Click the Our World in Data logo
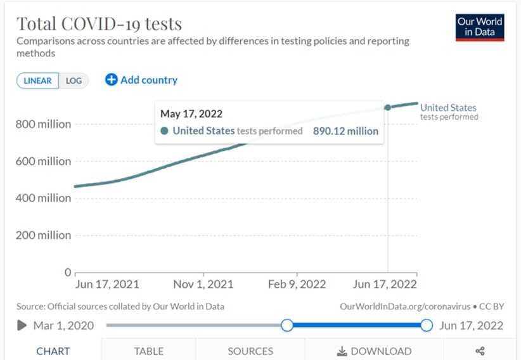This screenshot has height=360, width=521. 480,27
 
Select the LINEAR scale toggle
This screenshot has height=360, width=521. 37,81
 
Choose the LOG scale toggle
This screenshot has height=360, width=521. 74,81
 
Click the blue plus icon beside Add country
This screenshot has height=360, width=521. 112,80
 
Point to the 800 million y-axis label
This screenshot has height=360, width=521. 43,124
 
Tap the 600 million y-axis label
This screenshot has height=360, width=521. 43,161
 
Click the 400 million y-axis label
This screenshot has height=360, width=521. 43,198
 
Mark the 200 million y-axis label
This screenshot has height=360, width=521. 43,235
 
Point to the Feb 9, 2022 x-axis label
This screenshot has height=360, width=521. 297,284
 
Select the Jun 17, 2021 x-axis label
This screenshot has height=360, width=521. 106,284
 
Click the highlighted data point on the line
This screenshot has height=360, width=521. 388,107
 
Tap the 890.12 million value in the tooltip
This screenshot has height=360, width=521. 345,131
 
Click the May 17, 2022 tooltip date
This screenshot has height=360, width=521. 191,114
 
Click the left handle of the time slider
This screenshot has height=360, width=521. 287,325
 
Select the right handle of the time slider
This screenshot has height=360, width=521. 427,325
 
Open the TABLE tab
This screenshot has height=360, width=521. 148,351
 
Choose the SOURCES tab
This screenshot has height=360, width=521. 250,351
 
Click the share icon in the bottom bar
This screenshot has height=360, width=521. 480,351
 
